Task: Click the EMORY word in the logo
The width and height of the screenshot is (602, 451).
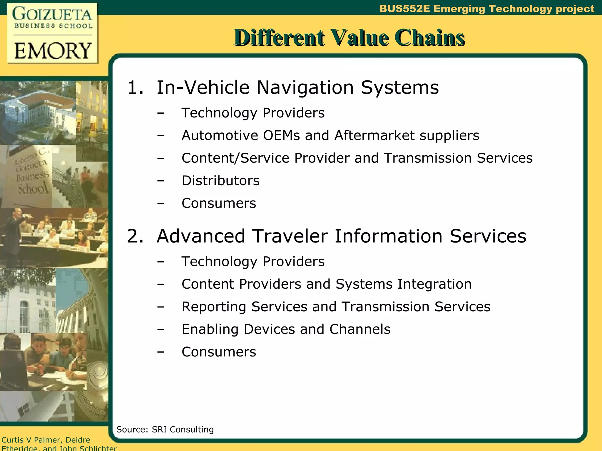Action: [x=53, y=51]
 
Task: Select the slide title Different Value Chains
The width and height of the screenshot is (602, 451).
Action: [x=349, y=38]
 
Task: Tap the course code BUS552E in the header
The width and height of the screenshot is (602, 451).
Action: [x=404, y=9]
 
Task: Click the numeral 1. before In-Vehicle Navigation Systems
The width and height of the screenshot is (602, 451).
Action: [x=135, y=87]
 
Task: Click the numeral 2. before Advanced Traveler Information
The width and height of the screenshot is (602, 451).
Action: [x=135, y=236]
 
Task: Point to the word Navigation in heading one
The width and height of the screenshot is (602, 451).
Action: [x=305, y=87]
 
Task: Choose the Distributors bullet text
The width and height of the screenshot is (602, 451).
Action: [x=220, y=181]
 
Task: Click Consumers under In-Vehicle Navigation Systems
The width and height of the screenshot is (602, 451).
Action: [x=219, y=203]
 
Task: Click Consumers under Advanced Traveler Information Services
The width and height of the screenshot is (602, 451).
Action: [x=219, y=352]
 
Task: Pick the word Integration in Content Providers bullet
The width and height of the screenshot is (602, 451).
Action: [x=434, y=284]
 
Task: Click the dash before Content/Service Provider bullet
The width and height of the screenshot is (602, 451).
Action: [x=160, y=158]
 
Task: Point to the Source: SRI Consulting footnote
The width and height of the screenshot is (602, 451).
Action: [x=165, y=430]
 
